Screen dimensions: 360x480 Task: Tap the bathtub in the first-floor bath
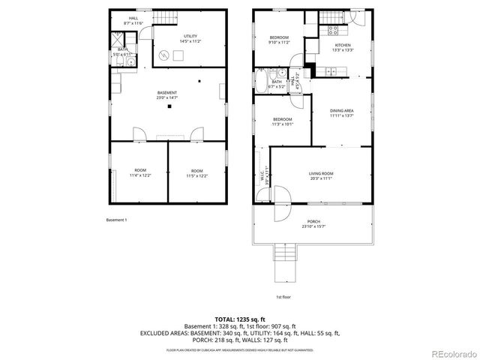click(259, 79)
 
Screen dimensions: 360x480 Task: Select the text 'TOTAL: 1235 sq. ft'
click(239, 318)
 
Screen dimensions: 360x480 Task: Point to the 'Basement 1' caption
click(116, 220)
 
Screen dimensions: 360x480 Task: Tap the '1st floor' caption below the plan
click(283, 297)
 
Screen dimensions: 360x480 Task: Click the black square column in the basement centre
click(169, 106)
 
